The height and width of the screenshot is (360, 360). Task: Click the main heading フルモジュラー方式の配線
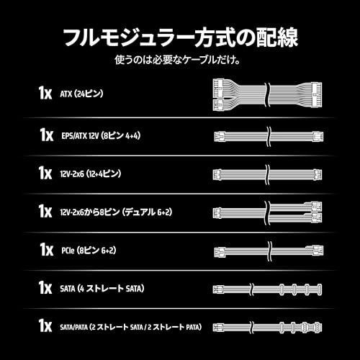tap(181, 37)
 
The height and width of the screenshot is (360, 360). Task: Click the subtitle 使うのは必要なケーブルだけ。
tap(177, 60)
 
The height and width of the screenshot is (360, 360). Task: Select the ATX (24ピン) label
tap(81, 94)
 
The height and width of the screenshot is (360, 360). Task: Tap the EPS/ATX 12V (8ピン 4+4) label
tap(101, 136)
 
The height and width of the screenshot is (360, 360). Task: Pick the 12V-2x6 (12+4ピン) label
tap(91, 174)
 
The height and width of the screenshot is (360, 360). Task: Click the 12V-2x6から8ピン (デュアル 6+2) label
tap(116, 212)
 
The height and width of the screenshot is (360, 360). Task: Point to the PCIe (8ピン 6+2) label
tap(89, 251)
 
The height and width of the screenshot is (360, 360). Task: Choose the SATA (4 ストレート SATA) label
tap(102, 289)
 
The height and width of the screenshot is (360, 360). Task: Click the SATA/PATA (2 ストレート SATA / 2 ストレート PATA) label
tap(131, 327)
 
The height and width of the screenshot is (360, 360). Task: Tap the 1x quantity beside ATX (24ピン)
tap(45, 93)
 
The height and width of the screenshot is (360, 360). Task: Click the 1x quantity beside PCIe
tap(47, 250)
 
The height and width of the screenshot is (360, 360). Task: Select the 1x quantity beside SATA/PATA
tap(45, 325)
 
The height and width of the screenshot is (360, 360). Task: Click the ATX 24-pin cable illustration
tap(267, 94)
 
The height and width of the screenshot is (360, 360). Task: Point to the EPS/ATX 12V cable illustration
tap(269, 137)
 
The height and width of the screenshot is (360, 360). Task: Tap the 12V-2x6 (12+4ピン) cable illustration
tap(267, 174)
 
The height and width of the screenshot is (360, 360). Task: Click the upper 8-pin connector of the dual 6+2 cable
tap(313, 206)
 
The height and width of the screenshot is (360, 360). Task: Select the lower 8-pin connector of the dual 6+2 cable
tap(313, 217)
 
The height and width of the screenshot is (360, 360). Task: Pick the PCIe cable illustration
tap(269, 251)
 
